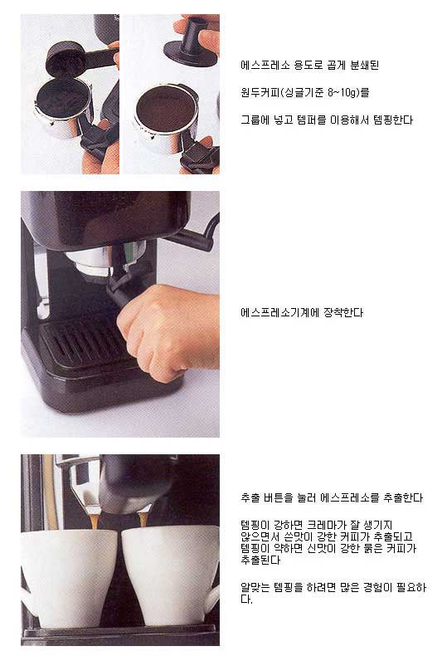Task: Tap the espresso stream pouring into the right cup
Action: pos(143,519)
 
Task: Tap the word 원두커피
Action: pos(260,92)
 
